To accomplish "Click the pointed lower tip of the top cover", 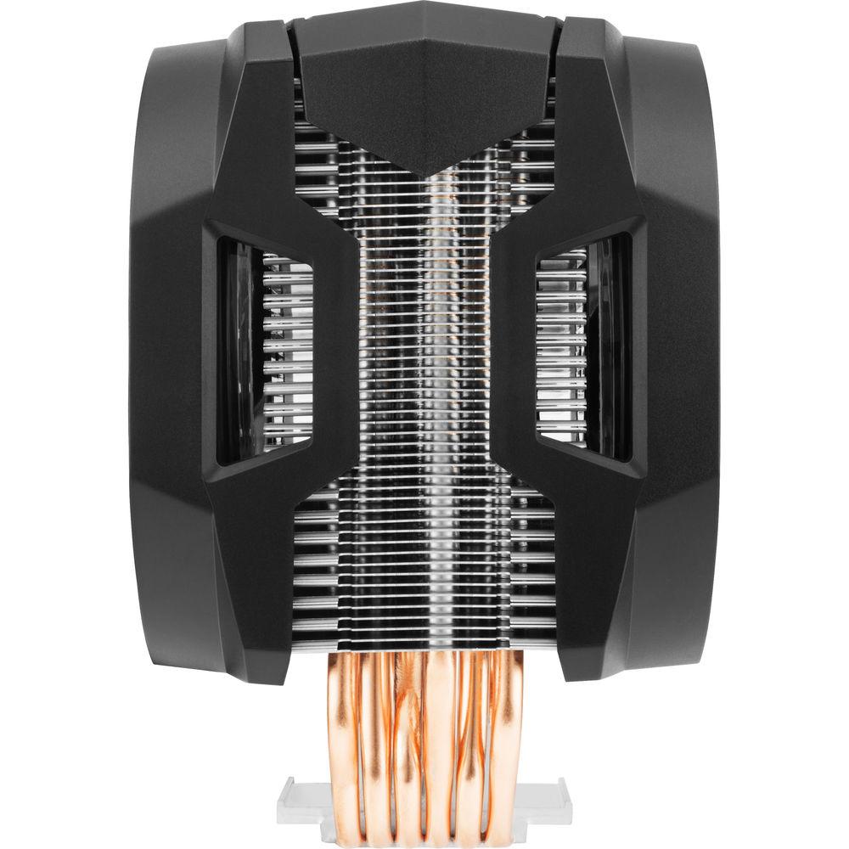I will tap(424, 174).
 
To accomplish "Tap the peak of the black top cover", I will tap(424, 7).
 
